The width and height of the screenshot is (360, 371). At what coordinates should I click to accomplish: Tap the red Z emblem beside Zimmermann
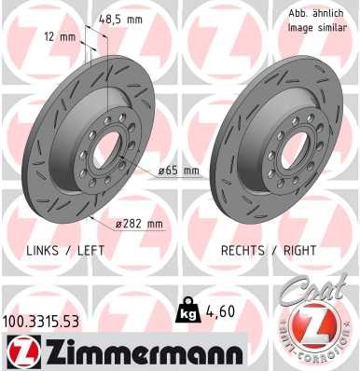23,352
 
